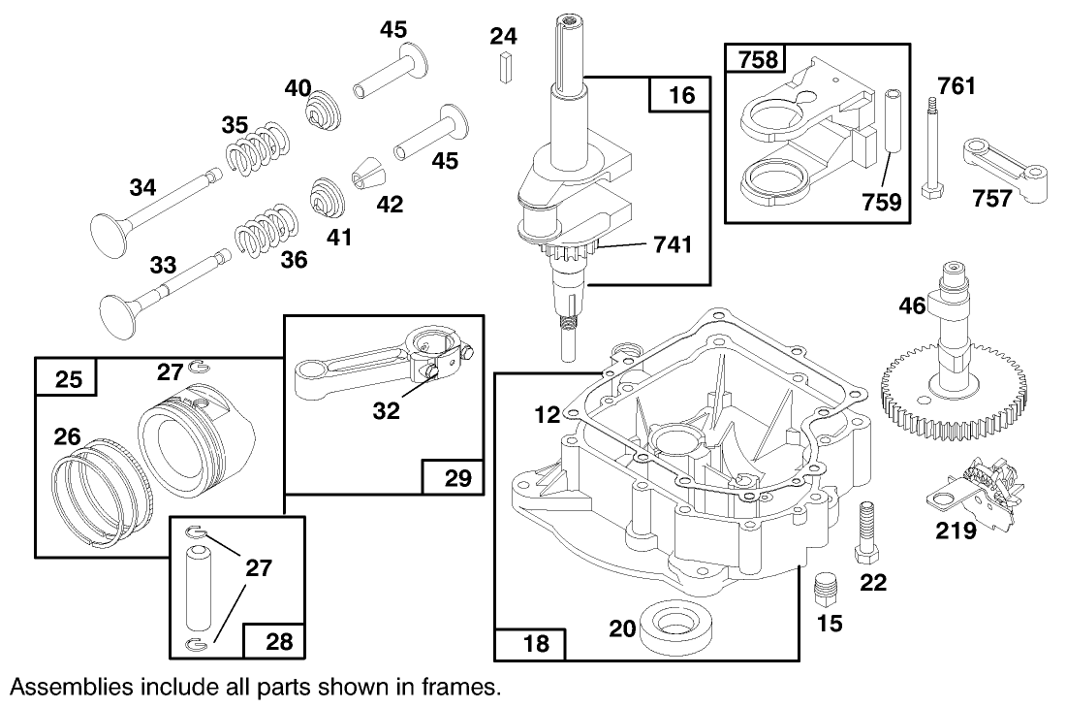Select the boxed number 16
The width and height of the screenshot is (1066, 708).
tap(680, 95)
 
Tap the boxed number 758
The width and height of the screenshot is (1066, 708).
tap(756, 60)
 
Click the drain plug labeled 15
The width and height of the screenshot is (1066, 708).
tap(825, 587)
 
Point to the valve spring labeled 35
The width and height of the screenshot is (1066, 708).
tap(256, 150)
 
